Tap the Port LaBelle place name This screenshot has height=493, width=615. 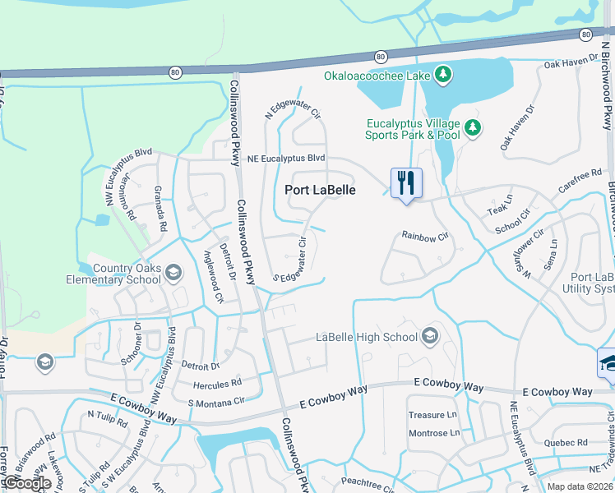tap(321, 190)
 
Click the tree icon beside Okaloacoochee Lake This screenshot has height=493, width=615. tap(443, 76)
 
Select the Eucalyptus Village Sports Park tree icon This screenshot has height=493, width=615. tap(472, 127)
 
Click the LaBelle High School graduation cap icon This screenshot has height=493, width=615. tap(429, 336)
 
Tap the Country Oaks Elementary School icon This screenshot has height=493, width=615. tap(173, 273)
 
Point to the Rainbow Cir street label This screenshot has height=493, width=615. tap(424, 237)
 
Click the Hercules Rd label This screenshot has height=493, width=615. tap(217, 384)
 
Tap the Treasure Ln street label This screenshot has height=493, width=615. tap(432, 416)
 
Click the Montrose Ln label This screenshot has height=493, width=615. tap(432, 433)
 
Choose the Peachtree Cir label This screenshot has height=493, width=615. tap(370, 484)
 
